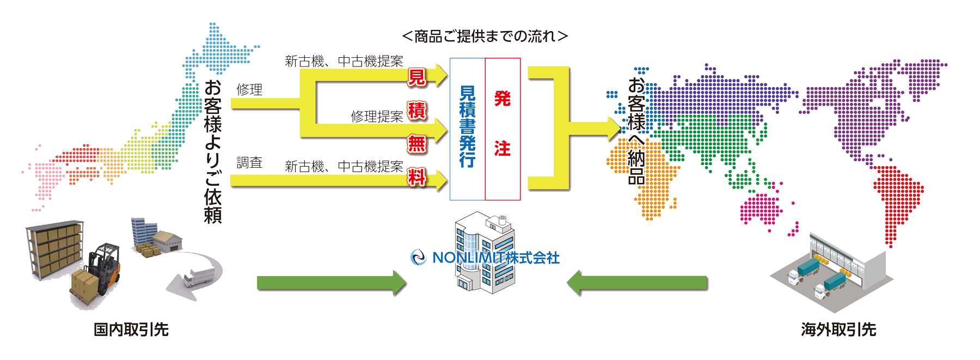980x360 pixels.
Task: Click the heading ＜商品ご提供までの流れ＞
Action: pyautogui.click(x=485, y=36)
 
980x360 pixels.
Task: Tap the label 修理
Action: pyautogui.click(x=249, y=90)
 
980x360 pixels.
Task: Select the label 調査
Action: pyautogui.click(x=249, y=163)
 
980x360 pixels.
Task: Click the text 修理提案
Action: pyautogui.click(x=377, y=117)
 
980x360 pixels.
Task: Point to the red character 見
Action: pyautogui.click(x=416, y=78)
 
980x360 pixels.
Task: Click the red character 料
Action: pyautogui.click(x=416, y=178)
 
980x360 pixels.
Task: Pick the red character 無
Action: pyautogui.click(x=416, y=144)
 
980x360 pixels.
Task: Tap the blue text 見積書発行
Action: pyautogui.click(x=467, y=126)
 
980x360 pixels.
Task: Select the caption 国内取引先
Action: pyautogui.click(x=131, y=330)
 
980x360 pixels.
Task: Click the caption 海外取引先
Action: pyautogui.click(x=838, y=330)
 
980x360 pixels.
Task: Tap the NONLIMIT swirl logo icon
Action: pyautogui.click(x=418, y=257)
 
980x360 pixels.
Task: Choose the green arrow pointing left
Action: pyautogui.click(x=637, y=283)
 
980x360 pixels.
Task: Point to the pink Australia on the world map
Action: pyautogui.click(x=759, y=210)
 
